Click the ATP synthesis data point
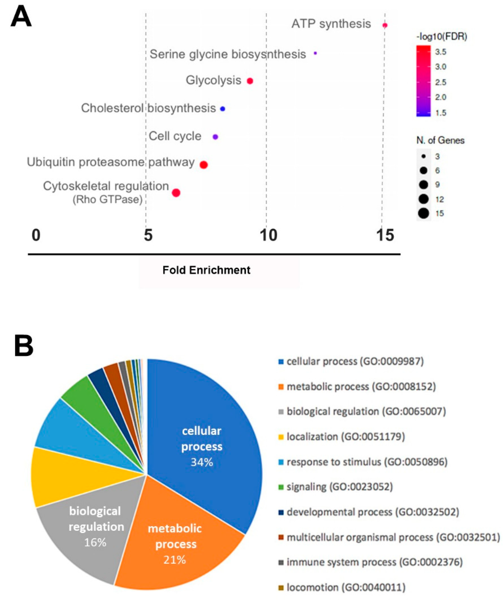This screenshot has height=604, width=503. click(385, 25)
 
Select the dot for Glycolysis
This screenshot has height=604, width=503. click(250, 81)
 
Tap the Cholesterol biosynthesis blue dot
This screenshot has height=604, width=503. click(222, 109)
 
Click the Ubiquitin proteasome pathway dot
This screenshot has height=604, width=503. click(204, 165)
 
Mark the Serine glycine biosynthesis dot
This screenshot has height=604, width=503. click(315, 53)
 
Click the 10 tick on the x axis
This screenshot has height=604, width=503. click(268, 235)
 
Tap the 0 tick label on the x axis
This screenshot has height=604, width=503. click(36, 235)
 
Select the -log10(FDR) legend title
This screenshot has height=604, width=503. click(441, 37)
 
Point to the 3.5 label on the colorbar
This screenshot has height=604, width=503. click(440, 52)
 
